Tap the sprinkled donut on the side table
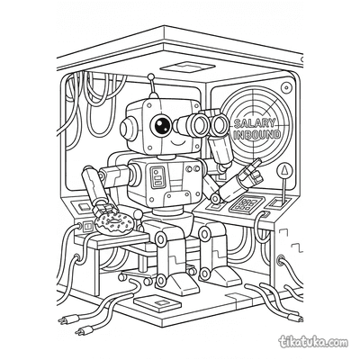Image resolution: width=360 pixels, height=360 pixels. (113, 224)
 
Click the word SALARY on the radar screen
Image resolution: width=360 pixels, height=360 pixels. (254, 123)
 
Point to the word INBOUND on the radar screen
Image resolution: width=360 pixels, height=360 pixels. (257, 134)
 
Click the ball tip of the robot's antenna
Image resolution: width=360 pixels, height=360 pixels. (151, 76)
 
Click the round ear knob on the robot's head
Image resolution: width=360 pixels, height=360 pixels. (127, 128)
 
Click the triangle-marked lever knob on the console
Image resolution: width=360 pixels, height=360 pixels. (283, 171)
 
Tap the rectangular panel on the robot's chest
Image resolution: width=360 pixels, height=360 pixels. (158, 177)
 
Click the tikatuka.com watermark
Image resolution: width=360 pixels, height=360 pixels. (313, 342)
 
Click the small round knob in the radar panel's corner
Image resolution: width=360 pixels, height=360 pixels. (286, 87)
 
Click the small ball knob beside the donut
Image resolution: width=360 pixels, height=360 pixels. (138, 214)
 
